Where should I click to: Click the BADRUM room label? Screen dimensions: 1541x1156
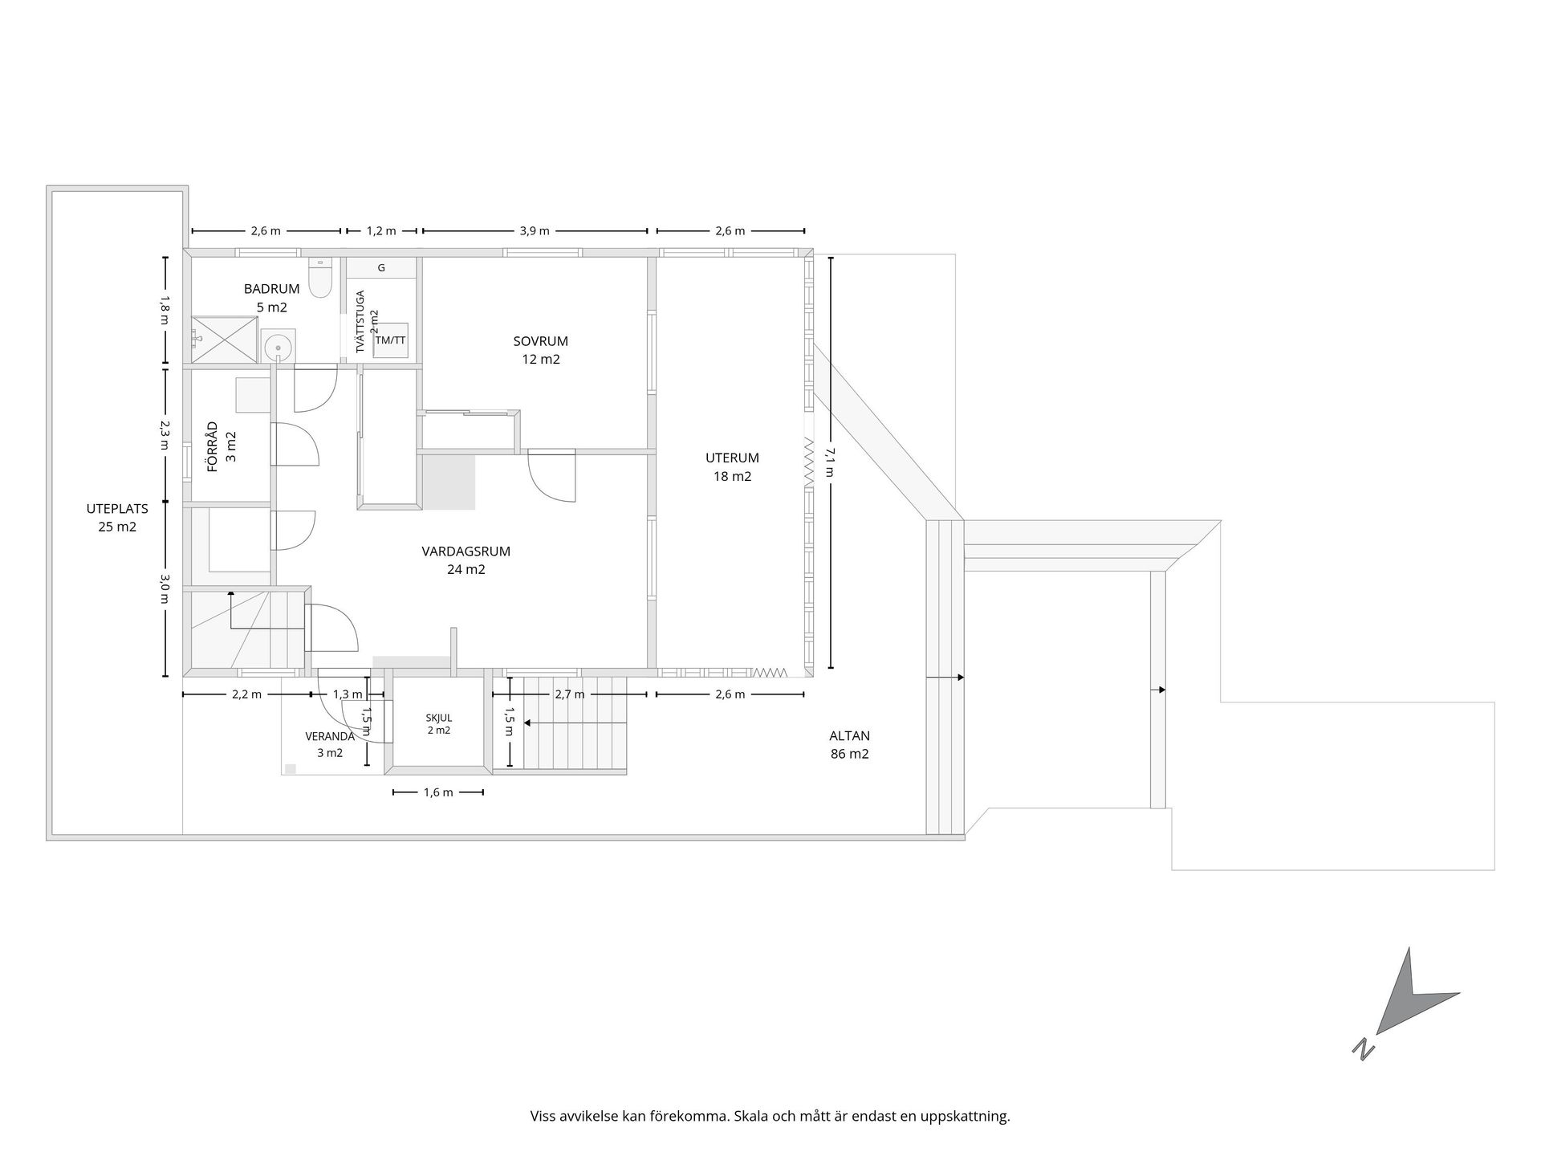coord(272,289)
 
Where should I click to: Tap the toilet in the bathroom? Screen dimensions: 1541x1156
coord(320,278)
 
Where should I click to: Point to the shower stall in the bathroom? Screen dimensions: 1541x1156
coord(225,340)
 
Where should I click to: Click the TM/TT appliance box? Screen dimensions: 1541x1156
coord(391,340)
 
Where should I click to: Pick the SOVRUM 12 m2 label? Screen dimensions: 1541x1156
coord(541,350)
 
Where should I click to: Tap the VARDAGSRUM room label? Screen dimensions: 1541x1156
coord(466,552)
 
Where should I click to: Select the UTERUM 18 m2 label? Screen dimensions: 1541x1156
coord(732,467)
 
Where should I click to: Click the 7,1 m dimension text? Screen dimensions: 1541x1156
coord(828,462)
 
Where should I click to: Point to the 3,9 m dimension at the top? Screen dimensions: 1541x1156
coord(535,231)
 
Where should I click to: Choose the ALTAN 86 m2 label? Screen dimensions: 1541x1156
coord(850,745)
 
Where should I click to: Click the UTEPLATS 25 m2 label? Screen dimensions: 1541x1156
coord(117,518)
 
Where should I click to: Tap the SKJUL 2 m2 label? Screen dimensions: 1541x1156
coord(439,724)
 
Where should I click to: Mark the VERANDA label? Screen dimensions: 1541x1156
coord(330,736)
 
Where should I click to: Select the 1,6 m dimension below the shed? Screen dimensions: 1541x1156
coord(438,792)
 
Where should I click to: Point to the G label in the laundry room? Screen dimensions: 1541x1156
coord(381,268)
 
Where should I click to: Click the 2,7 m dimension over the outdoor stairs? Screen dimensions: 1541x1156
coord(570,694)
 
